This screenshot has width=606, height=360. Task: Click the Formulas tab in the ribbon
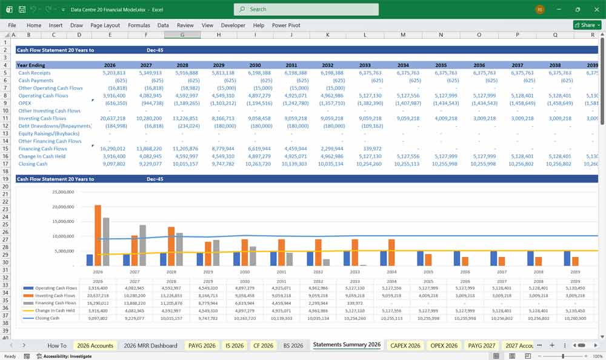pos(139,25)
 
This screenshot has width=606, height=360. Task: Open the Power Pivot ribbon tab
pos(287,25)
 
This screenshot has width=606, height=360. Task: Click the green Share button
pos(587,25)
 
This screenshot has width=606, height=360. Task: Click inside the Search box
pos(306,9)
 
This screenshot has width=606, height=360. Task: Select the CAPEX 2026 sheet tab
pos(405,345)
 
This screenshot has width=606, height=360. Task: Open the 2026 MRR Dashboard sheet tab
pos(150,345)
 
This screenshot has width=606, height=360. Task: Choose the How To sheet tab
pos(57,345)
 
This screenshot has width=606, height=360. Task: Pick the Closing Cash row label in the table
pos(34,164)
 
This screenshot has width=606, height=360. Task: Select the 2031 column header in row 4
pos(291,65)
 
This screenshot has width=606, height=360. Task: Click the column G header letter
pos(182,35)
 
